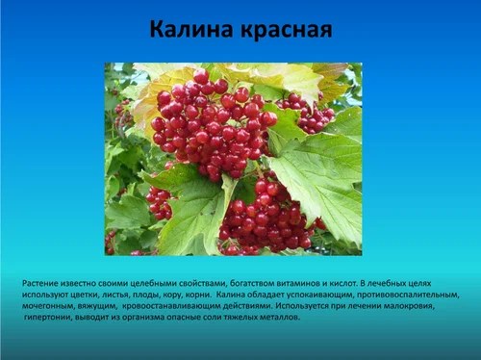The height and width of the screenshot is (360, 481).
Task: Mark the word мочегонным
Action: coord(48,306)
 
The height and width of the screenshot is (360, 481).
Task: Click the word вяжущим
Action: coord(100,306)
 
